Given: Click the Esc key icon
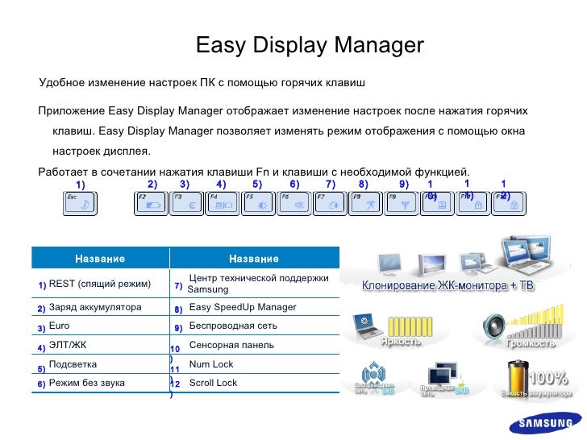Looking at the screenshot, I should point(79,204).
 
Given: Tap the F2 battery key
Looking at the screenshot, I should point(152,204).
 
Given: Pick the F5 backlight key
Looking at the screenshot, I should point(259,204).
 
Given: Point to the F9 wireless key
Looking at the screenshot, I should point(402,204).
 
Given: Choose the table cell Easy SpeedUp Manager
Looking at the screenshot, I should point(242,308).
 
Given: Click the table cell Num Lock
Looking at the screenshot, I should point(210,364).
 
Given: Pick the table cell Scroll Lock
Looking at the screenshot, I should point(213,383).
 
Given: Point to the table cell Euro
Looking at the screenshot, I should point(60,326).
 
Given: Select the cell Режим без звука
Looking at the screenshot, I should point(87,383).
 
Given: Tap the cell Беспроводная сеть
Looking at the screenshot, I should point(232,326).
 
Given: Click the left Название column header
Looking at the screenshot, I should point(100,259).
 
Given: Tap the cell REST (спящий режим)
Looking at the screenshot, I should point(100,284).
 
